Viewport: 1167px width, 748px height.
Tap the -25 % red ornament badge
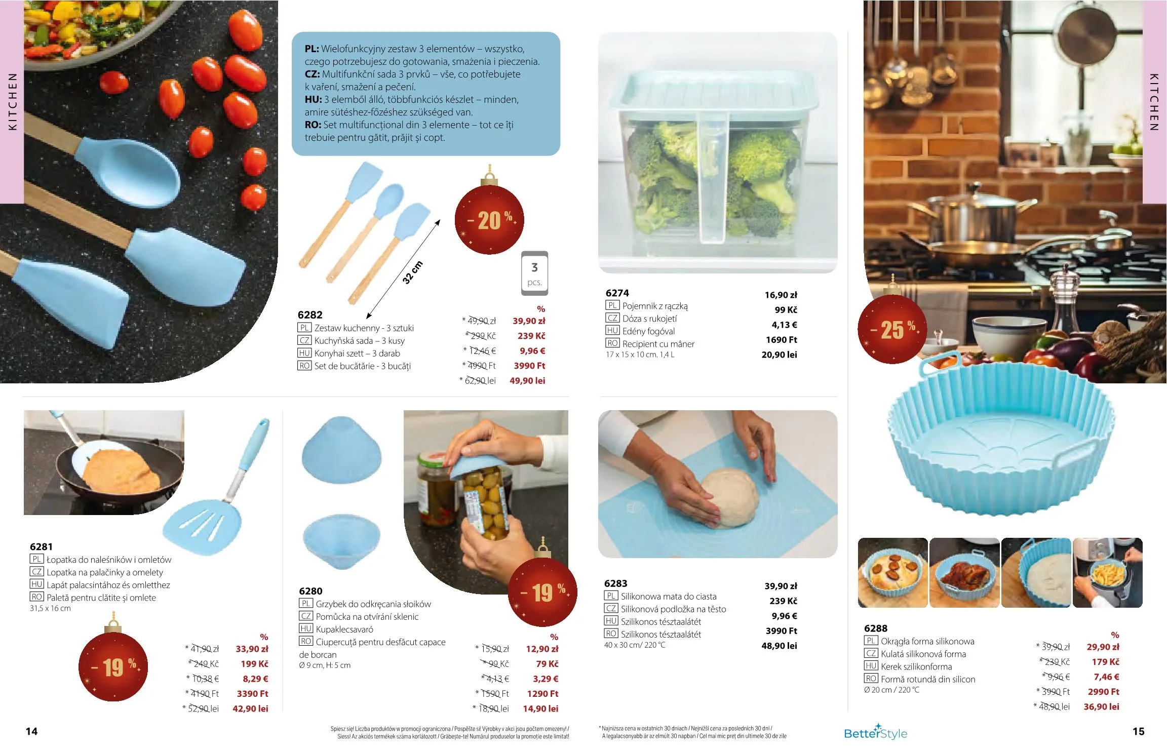[892, 329]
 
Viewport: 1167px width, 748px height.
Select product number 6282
[310, 315]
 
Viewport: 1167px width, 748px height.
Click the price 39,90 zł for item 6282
[529, 321]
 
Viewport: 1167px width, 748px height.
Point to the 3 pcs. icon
[534, 273]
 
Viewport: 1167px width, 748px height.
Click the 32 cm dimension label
[412, 272]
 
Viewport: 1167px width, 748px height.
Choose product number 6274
[617, 293]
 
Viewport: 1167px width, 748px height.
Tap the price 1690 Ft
[781, 340]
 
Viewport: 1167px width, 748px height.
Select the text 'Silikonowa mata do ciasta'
[669, 597]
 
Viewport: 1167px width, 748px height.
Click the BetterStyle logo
[875, 732]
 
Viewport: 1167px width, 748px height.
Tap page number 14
[31, 731]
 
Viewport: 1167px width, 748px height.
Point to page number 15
[1138, 731]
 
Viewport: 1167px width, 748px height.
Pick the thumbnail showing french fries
[1107, 573]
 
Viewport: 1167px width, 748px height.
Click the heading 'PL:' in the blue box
[312, 49]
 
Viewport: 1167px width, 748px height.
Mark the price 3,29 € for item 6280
[546, 679]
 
